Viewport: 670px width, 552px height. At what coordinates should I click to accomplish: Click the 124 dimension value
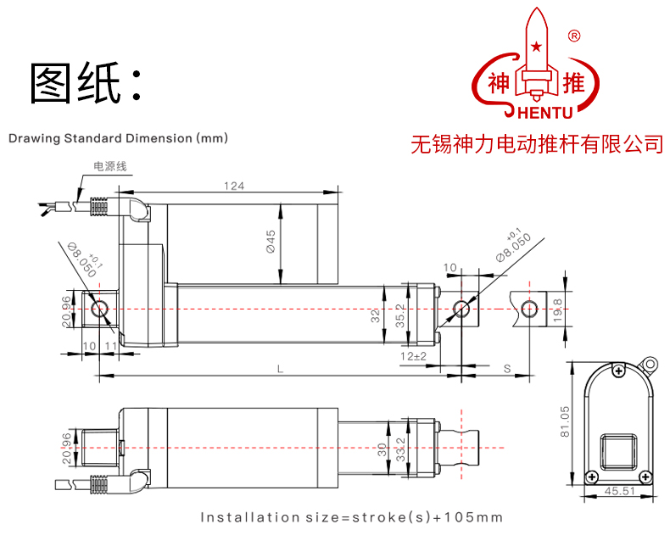(234, 186)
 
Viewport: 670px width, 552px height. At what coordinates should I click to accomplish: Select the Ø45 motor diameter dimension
(270, 242)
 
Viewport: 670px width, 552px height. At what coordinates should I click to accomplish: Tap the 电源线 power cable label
(109, 166)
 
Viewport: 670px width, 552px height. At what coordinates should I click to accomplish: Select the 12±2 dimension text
(413, 356)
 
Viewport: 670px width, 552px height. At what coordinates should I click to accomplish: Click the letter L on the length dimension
(280, 368)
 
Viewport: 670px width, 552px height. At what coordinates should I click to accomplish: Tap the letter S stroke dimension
(506, 368)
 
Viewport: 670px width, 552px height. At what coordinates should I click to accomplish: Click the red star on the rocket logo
(535, 45)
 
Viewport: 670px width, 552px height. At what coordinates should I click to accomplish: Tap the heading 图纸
(84, 83)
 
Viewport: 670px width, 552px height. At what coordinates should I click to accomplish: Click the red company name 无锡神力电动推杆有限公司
(537, 144)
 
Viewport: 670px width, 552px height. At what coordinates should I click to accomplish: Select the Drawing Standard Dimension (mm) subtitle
(118, 137)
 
